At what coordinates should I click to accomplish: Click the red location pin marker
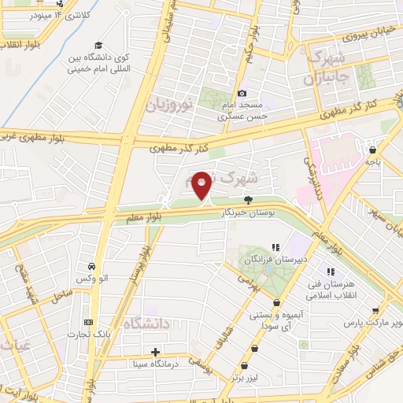201,186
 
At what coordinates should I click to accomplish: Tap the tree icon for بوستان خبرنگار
249,200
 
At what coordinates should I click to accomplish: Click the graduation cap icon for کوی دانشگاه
98,45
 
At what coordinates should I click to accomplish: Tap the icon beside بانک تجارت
87,321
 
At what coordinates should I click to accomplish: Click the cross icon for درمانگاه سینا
156,351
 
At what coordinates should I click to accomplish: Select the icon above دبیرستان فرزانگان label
275,247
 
